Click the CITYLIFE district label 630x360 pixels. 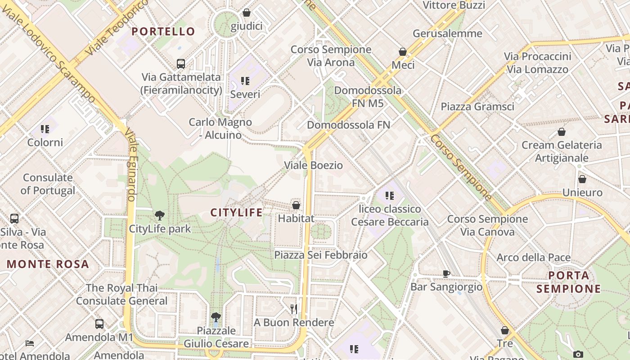point(236,212)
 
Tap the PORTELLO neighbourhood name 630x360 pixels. point(163,31)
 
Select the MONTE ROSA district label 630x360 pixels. point(48,264)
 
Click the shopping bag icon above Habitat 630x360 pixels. point(296,205)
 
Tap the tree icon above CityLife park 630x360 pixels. point(159,216)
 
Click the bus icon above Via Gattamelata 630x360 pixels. point(181,63)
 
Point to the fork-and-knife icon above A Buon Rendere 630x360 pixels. point(294,309)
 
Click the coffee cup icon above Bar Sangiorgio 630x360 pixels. point(446,274)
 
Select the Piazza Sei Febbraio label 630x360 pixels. point(321,255)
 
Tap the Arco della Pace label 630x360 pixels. point(533,258)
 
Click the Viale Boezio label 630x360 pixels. point(313,165)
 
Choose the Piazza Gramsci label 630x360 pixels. point(477,107)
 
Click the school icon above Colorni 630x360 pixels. point(45,129)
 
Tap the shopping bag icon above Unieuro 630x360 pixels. point(582,179)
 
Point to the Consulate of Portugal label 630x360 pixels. point(48,184)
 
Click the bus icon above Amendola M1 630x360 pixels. point(99,324)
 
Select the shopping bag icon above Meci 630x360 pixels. point(403,52)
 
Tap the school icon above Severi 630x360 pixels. point(245,81)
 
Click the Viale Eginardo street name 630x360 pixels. point(131,164)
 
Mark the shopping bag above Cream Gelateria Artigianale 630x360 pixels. point(561,132)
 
